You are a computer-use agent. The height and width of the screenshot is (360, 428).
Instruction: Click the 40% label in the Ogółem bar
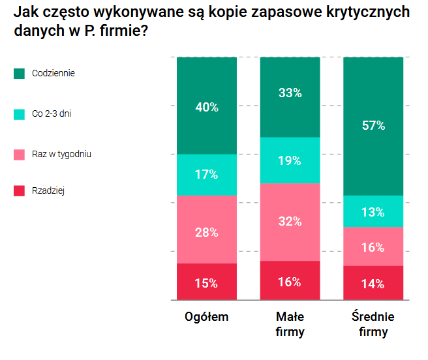click(206, 108)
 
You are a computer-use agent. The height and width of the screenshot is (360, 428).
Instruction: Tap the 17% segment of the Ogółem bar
click(206, 175)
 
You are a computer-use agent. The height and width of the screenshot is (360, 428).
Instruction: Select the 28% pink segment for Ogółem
click(206, 232)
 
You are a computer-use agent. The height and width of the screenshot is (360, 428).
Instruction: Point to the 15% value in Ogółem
click(206, 283)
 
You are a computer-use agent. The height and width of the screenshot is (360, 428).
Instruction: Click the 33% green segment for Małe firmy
click(290, 93)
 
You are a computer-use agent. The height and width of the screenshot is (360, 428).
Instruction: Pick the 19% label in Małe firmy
click(290, 160)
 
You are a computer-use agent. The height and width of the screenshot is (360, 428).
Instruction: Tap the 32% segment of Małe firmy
click(290, 222)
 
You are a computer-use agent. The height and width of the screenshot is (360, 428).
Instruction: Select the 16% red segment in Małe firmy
click(290, 282)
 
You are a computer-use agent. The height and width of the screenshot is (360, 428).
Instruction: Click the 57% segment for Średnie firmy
click(373, 126)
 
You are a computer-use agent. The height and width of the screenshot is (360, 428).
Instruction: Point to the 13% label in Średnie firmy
click(373, 212)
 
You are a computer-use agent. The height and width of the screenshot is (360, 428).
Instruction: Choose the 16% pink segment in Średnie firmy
click(373, 247)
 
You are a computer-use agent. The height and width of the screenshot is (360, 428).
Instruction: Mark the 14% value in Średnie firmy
click(373, 284)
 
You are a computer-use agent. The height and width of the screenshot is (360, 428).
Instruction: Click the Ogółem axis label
click(206, 317)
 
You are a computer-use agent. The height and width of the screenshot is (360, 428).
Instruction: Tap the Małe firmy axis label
click(290, 324)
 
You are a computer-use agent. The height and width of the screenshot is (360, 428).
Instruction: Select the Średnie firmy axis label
click(373, 324)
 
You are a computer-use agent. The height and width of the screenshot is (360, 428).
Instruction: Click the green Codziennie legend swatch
click(19, 74)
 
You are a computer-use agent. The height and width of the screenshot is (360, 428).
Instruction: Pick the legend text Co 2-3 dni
click(52, 113)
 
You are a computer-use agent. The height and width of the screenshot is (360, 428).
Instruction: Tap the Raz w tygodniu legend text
click(61, 154)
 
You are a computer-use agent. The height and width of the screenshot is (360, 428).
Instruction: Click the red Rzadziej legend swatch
click(19, 191)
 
